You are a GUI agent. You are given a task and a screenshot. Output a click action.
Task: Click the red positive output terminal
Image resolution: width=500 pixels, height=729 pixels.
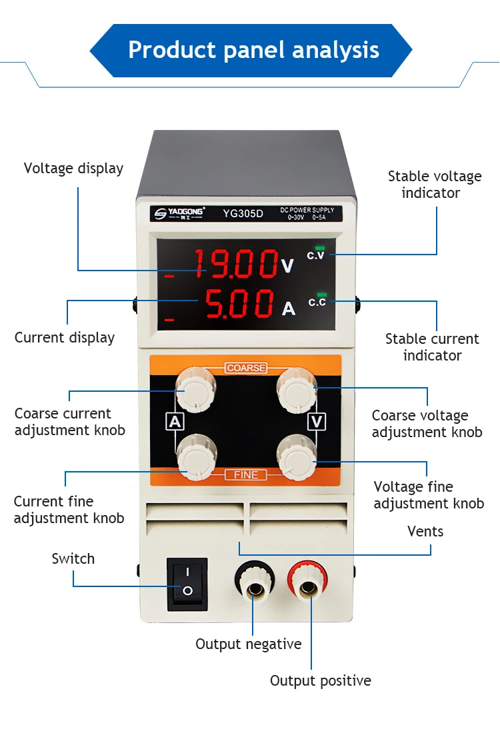pos(307,580)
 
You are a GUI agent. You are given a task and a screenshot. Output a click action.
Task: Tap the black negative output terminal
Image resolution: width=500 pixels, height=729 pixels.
pos(255,580)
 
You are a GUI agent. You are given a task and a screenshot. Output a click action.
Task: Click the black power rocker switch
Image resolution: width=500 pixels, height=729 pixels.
pos(187,584)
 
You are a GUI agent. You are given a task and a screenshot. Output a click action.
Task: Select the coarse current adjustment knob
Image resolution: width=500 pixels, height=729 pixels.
pos(196,390)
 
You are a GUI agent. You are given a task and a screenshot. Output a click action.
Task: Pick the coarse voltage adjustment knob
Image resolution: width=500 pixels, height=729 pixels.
pos(297,390)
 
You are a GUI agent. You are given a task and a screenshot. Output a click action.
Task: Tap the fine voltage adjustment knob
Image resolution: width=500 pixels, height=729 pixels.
pos(297,458)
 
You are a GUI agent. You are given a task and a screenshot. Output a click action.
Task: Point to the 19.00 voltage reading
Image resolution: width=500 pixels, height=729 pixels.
pos(235,263)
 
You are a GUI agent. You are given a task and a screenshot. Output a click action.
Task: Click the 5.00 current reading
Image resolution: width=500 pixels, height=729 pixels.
pos(239,303)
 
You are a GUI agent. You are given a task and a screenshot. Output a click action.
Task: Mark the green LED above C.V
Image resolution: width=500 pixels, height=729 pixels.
pos(319,249)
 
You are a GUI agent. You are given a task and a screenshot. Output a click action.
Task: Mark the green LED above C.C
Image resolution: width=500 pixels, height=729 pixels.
pos(321,295)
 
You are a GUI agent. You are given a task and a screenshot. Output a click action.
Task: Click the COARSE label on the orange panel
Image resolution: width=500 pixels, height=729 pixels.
pos(246,368)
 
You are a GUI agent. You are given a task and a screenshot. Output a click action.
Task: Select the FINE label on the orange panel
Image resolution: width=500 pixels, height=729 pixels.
pos(245,474)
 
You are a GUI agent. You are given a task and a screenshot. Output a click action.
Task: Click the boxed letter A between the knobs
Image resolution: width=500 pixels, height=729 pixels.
pos(175,422)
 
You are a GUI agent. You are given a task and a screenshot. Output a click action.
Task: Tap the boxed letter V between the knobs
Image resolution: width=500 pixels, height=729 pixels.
pos(317,422)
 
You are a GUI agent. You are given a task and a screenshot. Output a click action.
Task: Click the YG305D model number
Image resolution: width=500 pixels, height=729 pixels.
pos(243,213)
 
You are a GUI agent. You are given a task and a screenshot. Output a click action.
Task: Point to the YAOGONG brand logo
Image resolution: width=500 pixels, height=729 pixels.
pos(179,213)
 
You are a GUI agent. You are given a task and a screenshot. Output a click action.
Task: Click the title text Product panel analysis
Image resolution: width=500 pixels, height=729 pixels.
pos(253,50)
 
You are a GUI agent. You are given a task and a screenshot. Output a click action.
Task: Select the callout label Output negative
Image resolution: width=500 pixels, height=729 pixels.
pos(249,644)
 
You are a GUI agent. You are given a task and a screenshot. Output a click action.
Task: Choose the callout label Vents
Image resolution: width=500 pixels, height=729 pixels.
pos(425,531)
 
